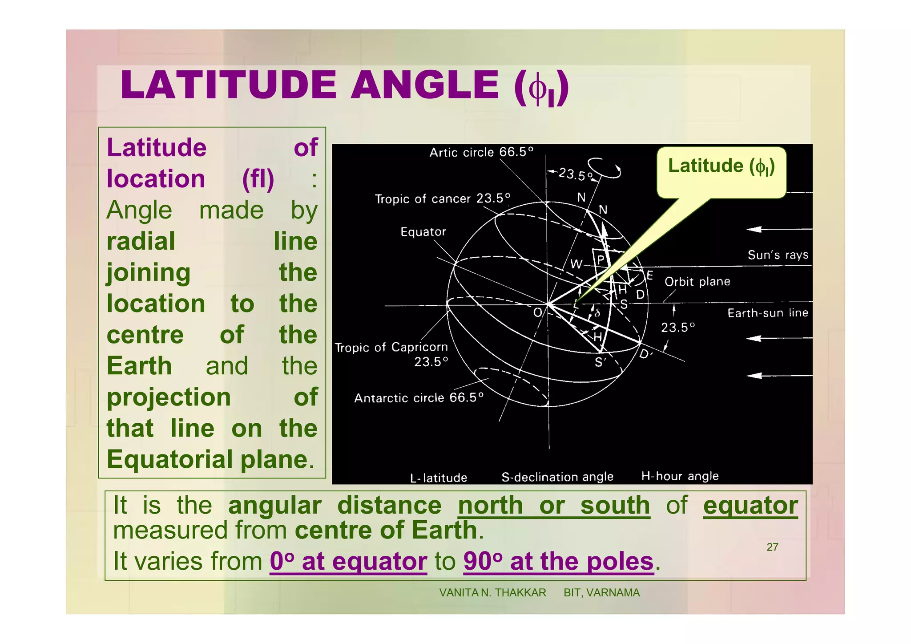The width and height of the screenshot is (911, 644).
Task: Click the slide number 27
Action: tap(772, 547)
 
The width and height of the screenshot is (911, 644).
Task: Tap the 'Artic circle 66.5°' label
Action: tap(481, 152)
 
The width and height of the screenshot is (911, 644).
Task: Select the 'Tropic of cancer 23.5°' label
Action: tap(442, 198)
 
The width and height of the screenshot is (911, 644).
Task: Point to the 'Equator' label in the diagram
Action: tap(423, 232)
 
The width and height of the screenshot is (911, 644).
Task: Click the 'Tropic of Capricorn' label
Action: tap(391, 348)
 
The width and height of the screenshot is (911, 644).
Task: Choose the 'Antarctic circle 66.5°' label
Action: tap(419, 397)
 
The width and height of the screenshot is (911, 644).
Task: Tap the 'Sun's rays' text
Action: tap(778, 255)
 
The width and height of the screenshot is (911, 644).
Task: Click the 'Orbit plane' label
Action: tap(697, 282)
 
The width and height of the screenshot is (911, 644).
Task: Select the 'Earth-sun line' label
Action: tap(767, 313)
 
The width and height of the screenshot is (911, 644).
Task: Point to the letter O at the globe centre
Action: tap(538, 312)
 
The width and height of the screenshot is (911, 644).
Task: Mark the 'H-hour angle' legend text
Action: tap(680, 476)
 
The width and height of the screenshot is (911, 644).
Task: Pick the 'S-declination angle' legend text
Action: tap(557, 477)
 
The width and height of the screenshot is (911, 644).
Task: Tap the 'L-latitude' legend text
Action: tap(439, 478)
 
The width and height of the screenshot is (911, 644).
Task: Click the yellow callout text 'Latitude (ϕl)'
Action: tap(721, 166)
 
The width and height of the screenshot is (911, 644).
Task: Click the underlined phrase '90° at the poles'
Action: tap(558, 561)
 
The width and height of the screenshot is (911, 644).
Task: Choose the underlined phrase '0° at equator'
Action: tap(348, 561)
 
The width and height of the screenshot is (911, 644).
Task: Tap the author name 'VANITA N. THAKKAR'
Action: tap(492, 593)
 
